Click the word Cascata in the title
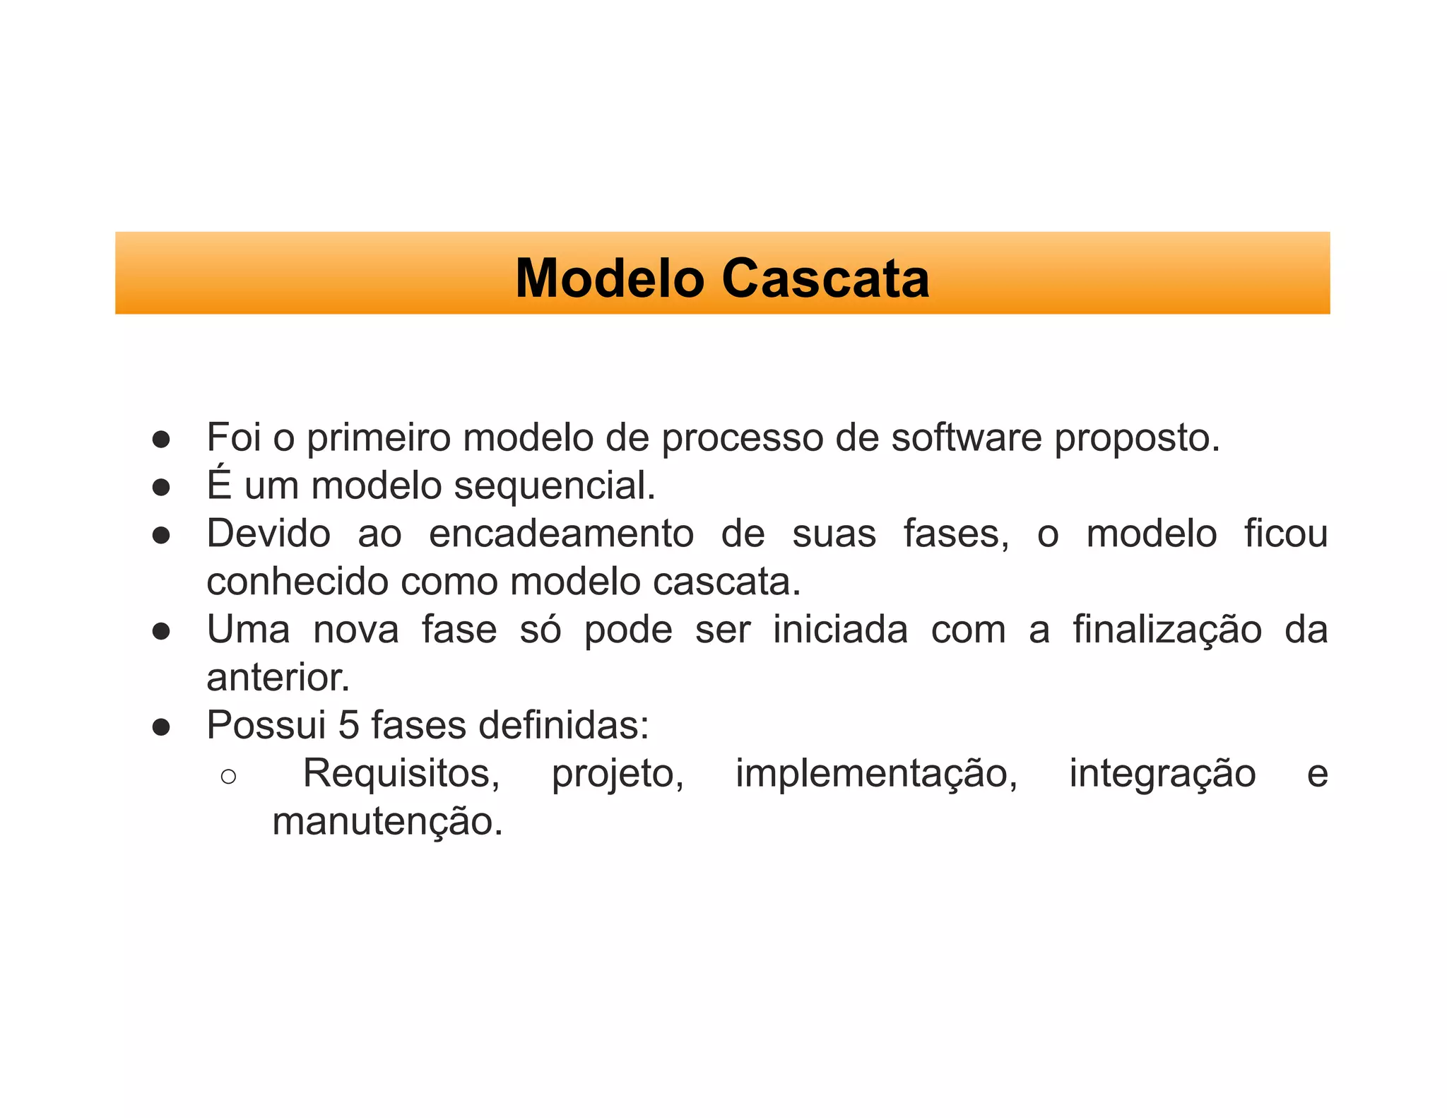[x=825, y=278]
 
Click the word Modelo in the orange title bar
[x=610, y=278]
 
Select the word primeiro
[x=379, y=438]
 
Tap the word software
[x=966, y=438]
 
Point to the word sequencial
[x=555, y=486]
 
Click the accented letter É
[x=219, y=485]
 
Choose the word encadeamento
[x=561, y=534]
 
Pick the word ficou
[x=1286, y=534]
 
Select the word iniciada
[x=840, y=630]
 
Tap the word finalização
[x=1167, y=631]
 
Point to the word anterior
[x=278, y=678]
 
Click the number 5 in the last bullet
[x=349, y=726]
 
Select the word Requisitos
[x=401, y=774]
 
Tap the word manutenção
[x=387, y=823]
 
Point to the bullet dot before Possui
[x=161, y=727]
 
